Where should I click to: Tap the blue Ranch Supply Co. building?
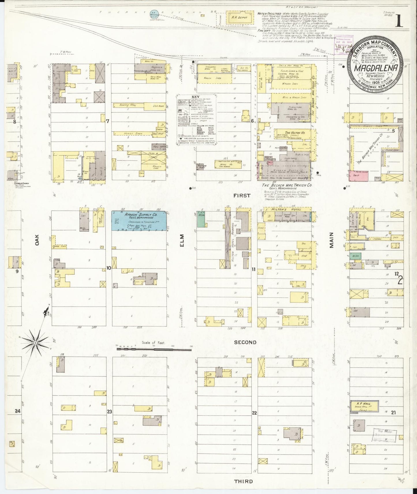coord(139,221)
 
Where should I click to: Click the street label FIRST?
coord(242,195)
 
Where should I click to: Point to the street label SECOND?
coord(245,342)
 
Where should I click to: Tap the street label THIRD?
coord(243,481)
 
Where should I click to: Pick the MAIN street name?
coord(331,240)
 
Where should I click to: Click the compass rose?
coord(35,342)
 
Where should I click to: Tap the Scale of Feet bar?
coord(154,349)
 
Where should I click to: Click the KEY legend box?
coord(197,119)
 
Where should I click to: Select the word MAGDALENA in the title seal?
coord(375,68)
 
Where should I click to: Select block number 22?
coord(254,413)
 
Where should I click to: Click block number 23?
coord(109,412)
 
